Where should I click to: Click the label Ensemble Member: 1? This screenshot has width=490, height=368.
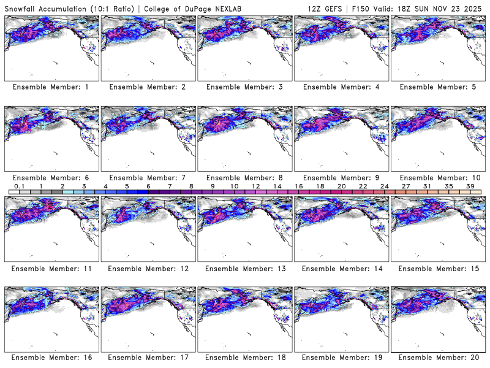coord(51,87)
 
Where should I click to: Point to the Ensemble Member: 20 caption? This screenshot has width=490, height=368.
coord(437,357)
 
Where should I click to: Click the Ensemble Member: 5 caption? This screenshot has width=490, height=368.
coord(437,87)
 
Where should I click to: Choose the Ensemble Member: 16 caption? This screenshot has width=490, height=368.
coord(51,357)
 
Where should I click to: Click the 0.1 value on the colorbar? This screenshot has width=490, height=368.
coord(19,186)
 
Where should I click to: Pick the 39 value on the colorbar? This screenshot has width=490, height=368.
coord(470,186)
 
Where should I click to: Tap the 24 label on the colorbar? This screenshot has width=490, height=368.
coord(385,186)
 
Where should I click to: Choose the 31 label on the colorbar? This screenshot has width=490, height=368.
coord(428,186)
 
